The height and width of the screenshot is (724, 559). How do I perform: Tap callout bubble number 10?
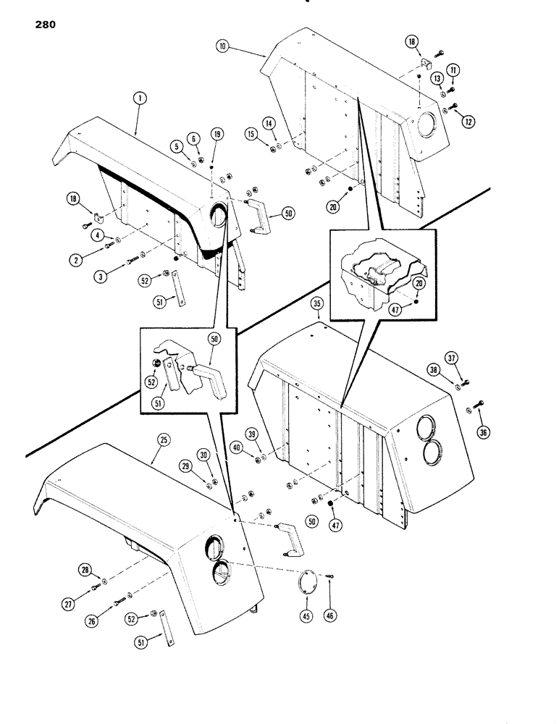pos(222,46)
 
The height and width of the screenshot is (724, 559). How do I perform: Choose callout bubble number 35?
pos(316,305)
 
